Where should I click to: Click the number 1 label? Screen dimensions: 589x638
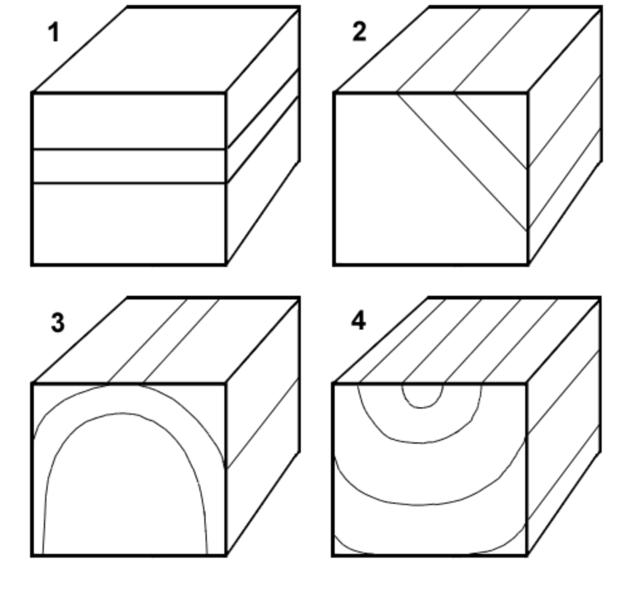tap(54, 32)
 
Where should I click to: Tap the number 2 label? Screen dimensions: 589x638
tap(358, 31)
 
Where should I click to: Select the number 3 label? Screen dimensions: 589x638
tap(57, 323)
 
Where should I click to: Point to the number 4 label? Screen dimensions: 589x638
tap(358, 321)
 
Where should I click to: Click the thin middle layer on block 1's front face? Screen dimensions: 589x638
tap(128, 166)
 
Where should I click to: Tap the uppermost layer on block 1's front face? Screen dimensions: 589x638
tap(128, 121)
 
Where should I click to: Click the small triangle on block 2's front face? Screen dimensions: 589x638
tap(501, 119)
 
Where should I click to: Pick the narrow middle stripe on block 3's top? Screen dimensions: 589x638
tap(164, 341)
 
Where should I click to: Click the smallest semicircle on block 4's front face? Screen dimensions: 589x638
tap(422, 395)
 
